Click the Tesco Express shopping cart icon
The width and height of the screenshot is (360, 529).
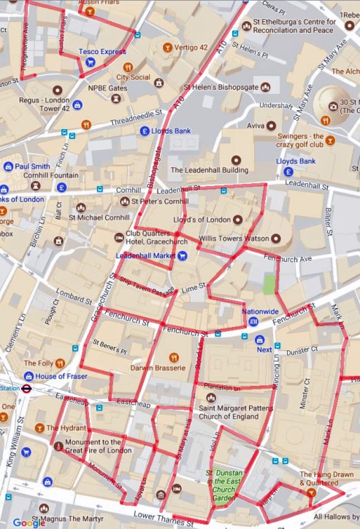point(90,62)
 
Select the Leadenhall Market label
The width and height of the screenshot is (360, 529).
point(146,255)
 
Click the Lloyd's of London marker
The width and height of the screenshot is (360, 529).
point(238,220)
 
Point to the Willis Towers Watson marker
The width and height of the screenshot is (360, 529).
point(276,239)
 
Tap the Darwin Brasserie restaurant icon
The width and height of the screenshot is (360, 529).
point(174,357)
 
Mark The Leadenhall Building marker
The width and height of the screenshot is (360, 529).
point(235,160)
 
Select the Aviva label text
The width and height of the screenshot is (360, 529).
point(256,126)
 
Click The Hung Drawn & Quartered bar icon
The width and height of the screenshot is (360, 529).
point(312,494)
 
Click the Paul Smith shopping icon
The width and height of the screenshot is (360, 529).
point(7,166)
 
